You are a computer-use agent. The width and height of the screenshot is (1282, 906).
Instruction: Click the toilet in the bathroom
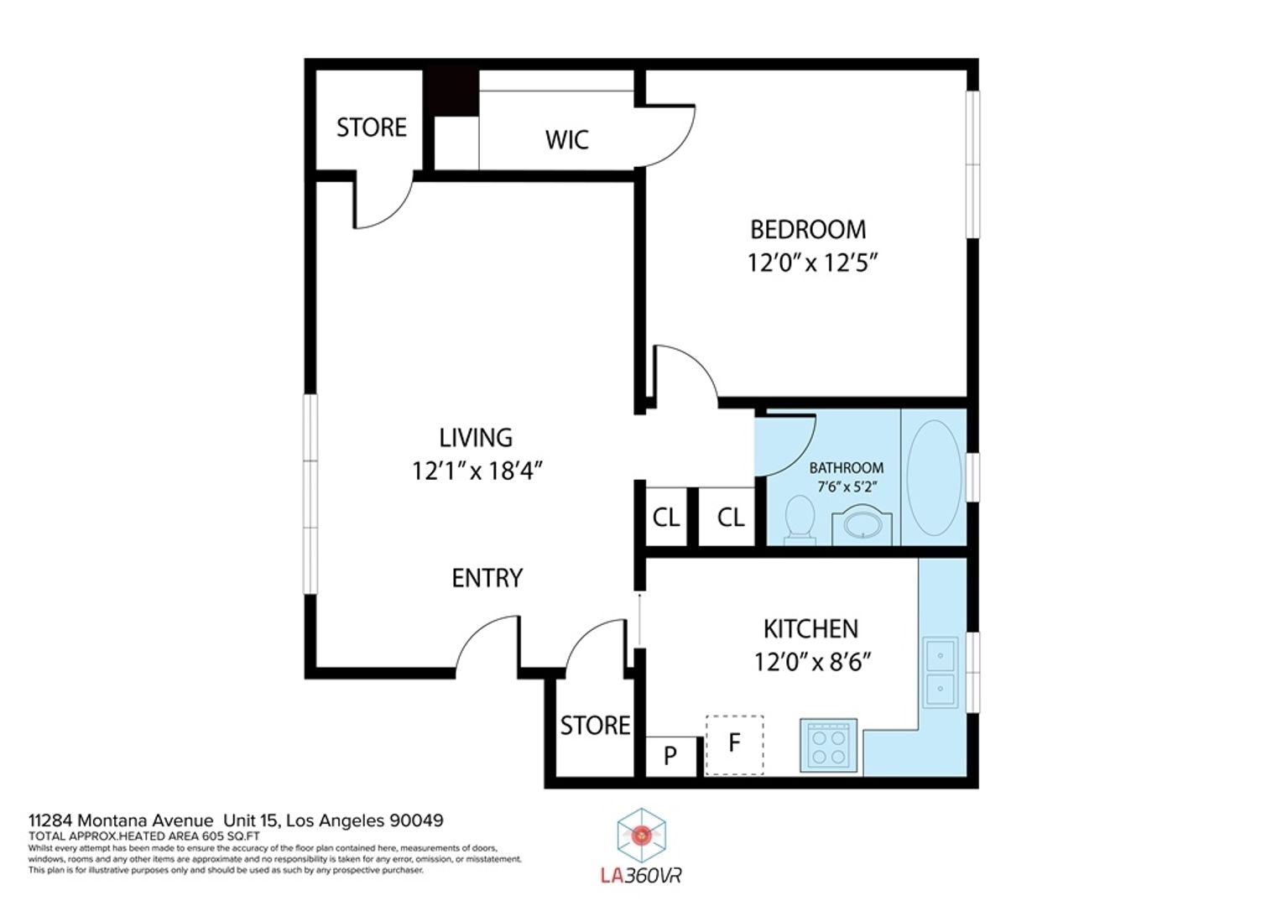point(800,519)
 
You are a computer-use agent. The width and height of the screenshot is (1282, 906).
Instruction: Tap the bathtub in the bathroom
point(934,478)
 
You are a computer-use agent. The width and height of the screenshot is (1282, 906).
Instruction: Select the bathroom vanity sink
point(862,525)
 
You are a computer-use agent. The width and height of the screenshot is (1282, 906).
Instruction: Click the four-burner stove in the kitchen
point(829,746)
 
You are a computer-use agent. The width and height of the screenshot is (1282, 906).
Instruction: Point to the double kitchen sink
point(941,673)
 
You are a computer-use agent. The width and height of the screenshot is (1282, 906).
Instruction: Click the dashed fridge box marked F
point(734,745)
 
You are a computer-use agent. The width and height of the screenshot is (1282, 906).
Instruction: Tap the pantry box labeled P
point(670,756)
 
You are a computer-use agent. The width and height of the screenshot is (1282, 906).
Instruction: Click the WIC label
point(566,140)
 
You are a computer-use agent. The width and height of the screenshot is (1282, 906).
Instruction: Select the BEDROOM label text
point(808,230)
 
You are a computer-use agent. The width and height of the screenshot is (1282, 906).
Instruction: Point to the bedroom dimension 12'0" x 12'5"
point(813,263)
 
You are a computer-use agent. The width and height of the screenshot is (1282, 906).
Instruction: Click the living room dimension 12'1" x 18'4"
point(477,471)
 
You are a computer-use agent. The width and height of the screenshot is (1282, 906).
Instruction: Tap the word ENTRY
point(487,578)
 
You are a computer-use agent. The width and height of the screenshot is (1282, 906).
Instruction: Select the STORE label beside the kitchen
point(595,726)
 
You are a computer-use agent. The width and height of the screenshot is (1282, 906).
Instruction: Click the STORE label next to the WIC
point(372,128)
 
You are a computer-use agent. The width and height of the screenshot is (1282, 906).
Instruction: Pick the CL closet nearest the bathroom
point(731,518)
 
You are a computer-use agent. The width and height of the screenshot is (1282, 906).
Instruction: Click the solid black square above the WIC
point(451,91)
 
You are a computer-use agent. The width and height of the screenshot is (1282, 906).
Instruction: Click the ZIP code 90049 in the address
point(416,820)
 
